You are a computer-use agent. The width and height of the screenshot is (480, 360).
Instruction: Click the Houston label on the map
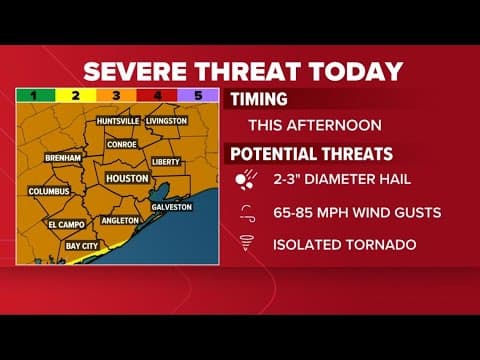point(127,177)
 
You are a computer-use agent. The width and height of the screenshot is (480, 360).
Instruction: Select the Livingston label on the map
point(166,121)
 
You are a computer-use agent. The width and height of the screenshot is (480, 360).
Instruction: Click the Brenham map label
point(63,158)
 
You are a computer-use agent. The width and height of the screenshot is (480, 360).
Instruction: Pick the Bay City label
point(81,245)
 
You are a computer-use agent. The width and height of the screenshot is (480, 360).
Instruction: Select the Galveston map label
point(171,206)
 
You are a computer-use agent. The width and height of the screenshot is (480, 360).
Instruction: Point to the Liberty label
point(165,161)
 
